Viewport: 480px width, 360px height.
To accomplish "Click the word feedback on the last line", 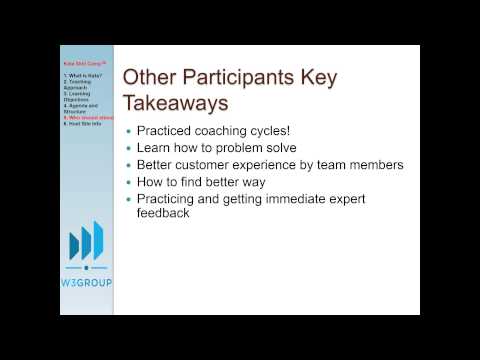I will click(171, 214).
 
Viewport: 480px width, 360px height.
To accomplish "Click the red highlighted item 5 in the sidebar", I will click(88, 117).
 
